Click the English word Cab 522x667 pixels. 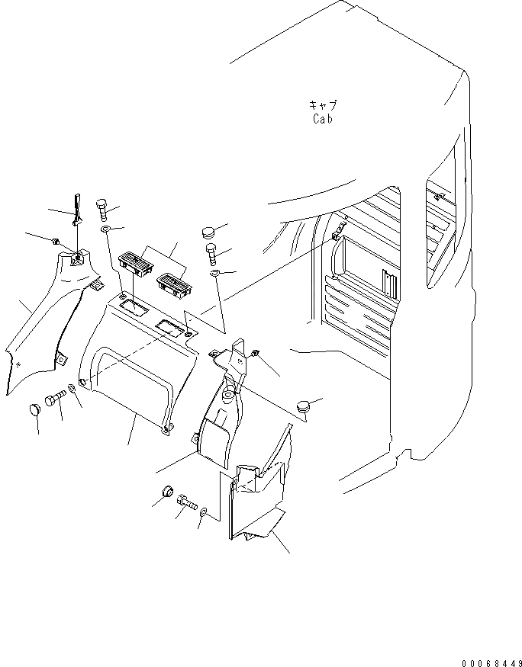point(323,118)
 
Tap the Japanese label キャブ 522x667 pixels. point(323,105)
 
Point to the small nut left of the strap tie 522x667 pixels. point(56,241)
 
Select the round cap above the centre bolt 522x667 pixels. point(210,231)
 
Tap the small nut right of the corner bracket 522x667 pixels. point(254,354)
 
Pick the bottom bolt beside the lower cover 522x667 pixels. point(185,502)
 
